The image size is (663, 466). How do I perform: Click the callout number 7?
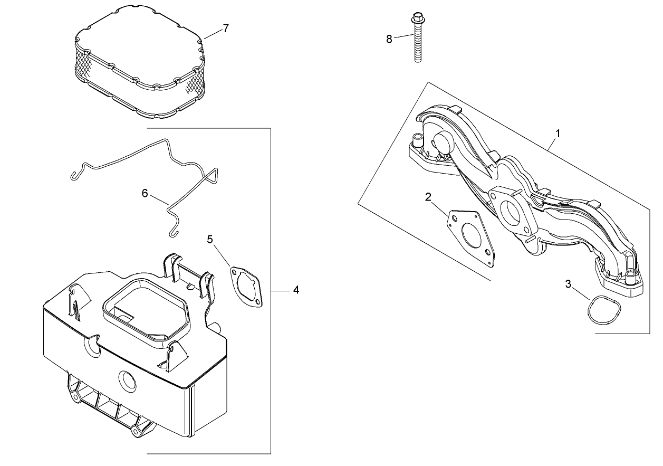point(226,28)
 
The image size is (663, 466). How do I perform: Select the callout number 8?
point(389,39)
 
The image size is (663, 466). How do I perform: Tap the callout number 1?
point(558,133)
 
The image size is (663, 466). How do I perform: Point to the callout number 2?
point(428,197)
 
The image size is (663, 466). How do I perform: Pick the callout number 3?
point(568,284)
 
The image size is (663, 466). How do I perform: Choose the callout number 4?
point(296,290)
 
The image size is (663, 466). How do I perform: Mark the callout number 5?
point(210,240)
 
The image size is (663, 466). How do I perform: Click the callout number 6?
point(145,193)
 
